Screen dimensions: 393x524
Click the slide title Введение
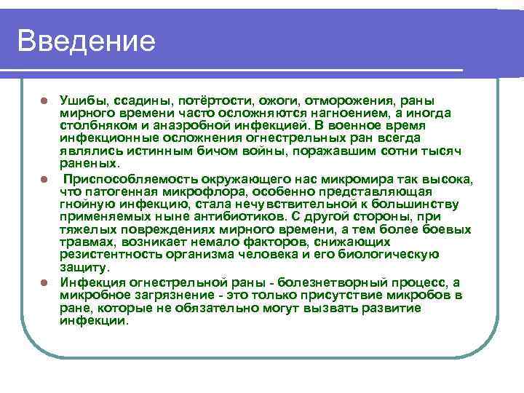[x=87, y=41]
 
